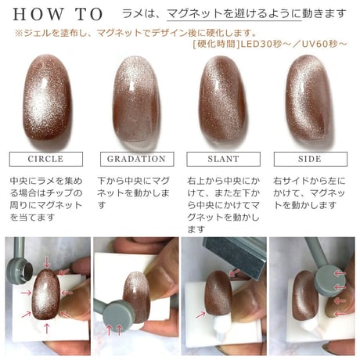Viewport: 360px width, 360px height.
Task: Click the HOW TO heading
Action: click(x=58, y=14)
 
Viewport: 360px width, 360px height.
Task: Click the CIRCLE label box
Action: click(x=46, y=159)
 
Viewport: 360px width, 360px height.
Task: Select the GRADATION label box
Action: click(x=137, y=159)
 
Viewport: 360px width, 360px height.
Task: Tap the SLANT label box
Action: click(x=223, y=159)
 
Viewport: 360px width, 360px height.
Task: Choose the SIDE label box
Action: click(x=311, y=159)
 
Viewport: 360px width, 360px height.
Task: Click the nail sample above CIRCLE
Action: click(x=47, y=97)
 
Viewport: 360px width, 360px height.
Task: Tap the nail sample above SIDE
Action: click(x=310, y=99)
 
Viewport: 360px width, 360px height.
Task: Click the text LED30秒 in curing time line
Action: click(x=261, y=44)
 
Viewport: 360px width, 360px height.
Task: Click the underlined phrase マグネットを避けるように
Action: click(x=234, y=13)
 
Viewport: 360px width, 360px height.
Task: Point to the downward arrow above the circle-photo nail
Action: click(x=47, y=261)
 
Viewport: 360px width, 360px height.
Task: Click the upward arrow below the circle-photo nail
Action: click(x=47, y=329)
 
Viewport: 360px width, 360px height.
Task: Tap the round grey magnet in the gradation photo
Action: click(x=120, y=315)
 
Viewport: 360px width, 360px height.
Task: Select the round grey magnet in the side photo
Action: click(x=329, y=281)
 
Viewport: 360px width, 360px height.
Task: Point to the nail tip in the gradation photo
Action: click(x=136, y=298)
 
